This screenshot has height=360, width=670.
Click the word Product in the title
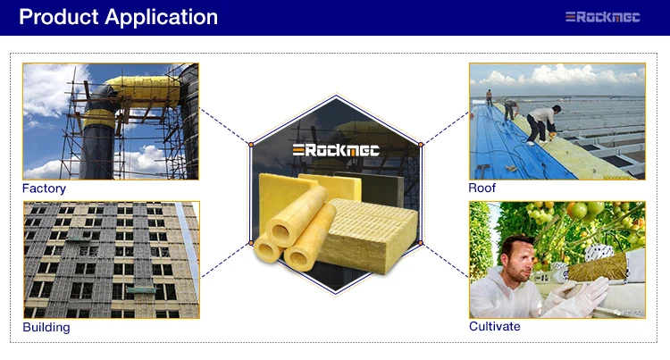tap(59, 17)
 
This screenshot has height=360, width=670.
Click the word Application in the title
tap(161, 18)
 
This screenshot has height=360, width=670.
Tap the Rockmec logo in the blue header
tap(602, 17)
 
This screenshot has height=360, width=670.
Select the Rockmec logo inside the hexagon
tap(336, 150)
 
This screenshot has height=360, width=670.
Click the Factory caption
tap(44, 188)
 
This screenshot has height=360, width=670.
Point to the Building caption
tap(46, 327)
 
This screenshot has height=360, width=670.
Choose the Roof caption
tap(482, 188)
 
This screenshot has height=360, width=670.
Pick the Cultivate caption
tap(494, 326)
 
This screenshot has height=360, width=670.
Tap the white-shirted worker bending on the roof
tap(541, 124)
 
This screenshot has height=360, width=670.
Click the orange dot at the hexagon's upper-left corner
tap(251, 145)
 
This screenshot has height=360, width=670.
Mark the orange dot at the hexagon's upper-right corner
tap(421, 145)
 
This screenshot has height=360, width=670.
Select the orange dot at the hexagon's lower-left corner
tap(251, 243)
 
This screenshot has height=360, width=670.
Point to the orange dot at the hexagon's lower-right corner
tap(421, 243)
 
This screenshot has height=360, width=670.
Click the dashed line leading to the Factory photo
tap(225, 126)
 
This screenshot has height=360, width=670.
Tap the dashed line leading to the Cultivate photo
tap(446, 260)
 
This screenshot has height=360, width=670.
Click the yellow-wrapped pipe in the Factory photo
tap(141, 91)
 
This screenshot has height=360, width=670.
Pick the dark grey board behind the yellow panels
tap(378, 188)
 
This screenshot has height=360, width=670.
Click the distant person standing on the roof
tap(490, 97)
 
